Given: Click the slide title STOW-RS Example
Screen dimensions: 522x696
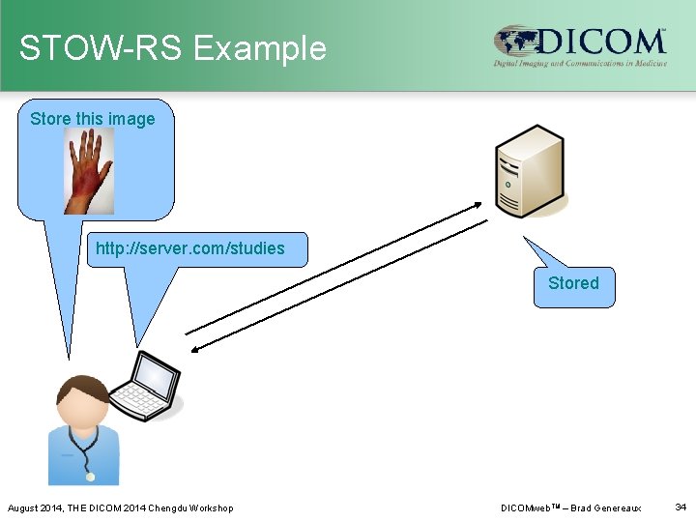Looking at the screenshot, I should (173, 47).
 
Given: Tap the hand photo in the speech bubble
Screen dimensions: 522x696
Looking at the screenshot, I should (89, 171).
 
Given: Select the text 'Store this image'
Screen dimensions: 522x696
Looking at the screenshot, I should (93, 119).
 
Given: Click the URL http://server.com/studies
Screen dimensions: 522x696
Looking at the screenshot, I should (190, 248).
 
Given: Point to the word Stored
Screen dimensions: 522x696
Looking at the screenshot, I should (573, 283).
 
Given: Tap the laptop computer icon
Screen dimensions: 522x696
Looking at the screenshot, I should (146, 386).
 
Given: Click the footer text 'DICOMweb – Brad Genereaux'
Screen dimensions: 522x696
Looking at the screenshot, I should (570, 507).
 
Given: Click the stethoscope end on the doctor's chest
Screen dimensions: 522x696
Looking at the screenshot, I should (90, 476).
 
